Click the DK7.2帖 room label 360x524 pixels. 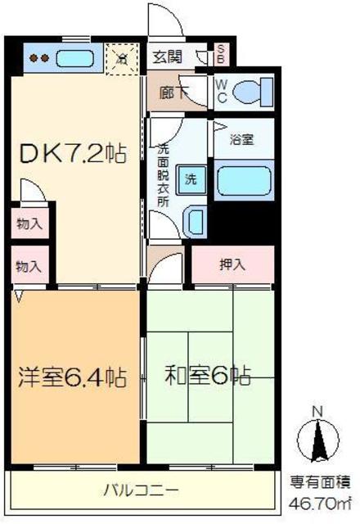pos(73,153)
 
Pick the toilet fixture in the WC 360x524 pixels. pos(250,93)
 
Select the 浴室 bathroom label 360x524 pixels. pos(241,139)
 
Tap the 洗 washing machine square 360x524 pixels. pos(190,178)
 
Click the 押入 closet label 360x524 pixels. pos(232,264)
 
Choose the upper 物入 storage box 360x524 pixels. pos(29,223)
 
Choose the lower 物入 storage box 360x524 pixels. pos(29,266)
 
